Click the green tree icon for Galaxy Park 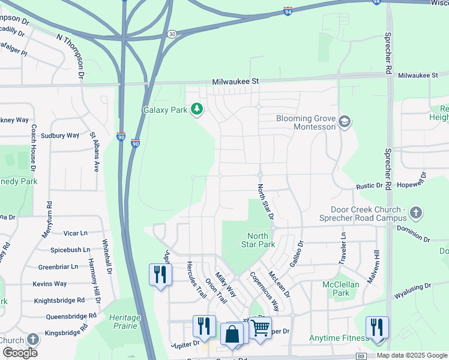196,109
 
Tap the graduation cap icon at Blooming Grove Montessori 344,122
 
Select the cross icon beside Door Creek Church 417,212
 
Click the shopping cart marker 260,328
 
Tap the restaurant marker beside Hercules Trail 160,275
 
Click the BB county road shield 361,356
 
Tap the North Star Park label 258,240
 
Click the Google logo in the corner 20,353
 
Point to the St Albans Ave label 94,152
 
